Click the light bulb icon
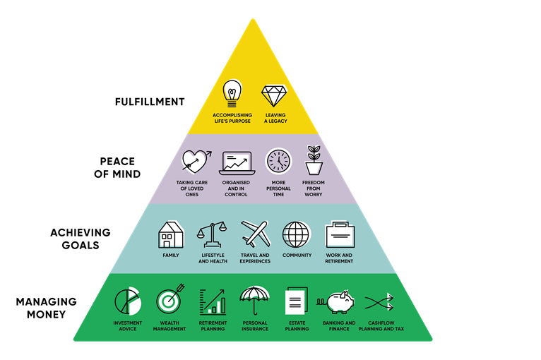[x=232, y=95]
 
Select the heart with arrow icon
[x=196, y=162]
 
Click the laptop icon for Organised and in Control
[x=237, y=163]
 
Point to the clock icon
[x=278, y=162]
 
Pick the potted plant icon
[x=314, y=160]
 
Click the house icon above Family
[x=171, y=234]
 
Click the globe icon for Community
[x=296, y=234]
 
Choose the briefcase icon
[x=338, y=234]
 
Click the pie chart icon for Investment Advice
[x=128, y=302]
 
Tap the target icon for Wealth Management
[x=170, y=302]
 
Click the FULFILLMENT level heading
[x=150, y=102]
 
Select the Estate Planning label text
[x=297, y=326]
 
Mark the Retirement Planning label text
[x=213, y=326]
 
